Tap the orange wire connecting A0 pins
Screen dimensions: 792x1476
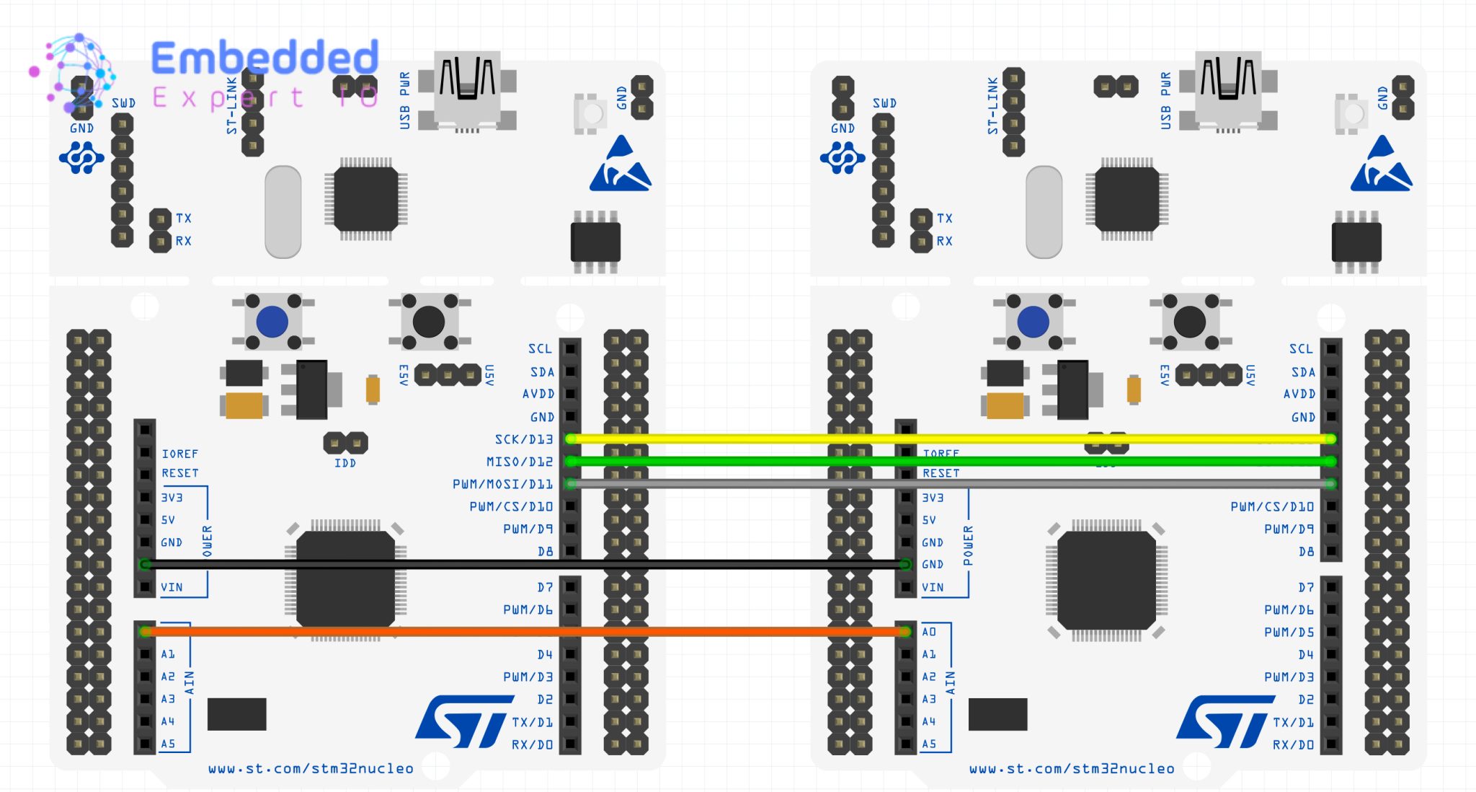(x=504, y=632)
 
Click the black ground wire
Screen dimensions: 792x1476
(x=504, y=565)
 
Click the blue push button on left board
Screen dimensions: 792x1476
(x=272, y=322)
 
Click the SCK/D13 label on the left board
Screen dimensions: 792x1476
(x=524, y=439)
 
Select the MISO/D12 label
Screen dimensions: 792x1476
(x=519, y=462)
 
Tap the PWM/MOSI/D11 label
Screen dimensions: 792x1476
(x=502, y=484)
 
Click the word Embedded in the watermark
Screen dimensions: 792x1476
(x=264, y=58)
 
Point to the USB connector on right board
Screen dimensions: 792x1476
(x=1228, y=90)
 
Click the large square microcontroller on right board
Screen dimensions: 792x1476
(x=1106, y=580)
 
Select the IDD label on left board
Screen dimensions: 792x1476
(x=345, y=463)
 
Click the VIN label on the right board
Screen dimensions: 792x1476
(x=933, y=587)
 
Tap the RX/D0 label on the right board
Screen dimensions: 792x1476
(x=1293, y=744)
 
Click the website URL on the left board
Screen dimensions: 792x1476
(x=311, y=769)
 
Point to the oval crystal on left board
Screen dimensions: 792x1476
(x=283, y=212)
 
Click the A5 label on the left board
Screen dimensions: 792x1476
(x=168, y=744)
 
